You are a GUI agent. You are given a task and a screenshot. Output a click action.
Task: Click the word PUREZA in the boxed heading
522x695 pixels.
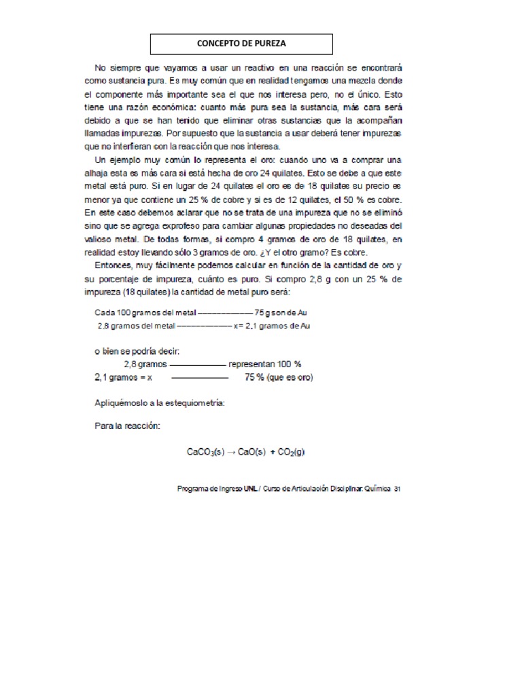pyautogui.click(x=267, y=44)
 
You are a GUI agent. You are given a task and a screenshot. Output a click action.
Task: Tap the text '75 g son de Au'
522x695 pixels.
pyautogui.click(x=281, y=313)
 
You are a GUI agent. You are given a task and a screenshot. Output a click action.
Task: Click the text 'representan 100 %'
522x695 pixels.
pyautogui.click(x=264, y=363)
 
